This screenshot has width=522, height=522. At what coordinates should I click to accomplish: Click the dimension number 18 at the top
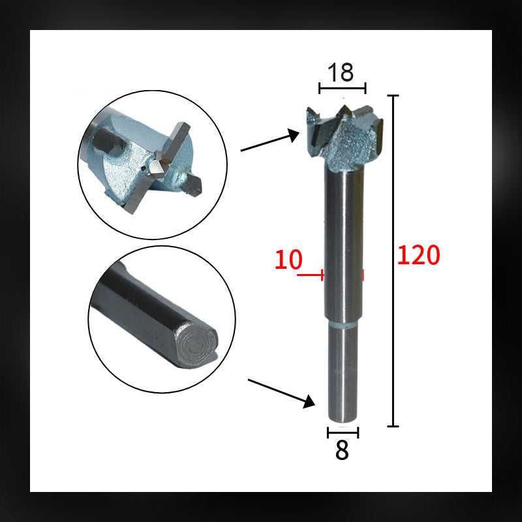(x=341, y=72)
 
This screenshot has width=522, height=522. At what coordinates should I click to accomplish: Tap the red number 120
(x=419, y=255)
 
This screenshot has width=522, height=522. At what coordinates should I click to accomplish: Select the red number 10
(x=288, y=260)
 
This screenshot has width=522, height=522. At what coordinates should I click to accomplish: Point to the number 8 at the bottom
(x=342, y=451)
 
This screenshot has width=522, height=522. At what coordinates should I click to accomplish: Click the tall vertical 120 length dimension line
(x=393, y=261)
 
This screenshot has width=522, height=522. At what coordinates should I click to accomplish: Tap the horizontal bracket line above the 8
(x=343, y=432)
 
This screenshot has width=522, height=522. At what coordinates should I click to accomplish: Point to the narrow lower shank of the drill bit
(x=343, y=372)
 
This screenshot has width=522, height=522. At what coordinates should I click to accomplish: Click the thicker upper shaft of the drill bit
(x=343, y=241)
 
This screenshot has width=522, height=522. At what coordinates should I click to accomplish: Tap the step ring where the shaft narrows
(x=343, y=322)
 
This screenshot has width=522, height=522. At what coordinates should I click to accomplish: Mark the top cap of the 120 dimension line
(x=393, y=96)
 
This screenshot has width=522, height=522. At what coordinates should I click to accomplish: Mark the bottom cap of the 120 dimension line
(x=393, y=426)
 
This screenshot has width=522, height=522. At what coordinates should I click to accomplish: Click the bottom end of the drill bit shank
(x=343, y=420)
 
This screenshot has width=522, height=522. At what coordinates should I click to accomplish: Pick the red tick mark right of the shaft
(x=363, y=275)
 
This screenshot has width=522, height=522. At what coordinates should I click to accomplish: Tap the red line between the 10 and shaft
(x=310, y=275)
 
